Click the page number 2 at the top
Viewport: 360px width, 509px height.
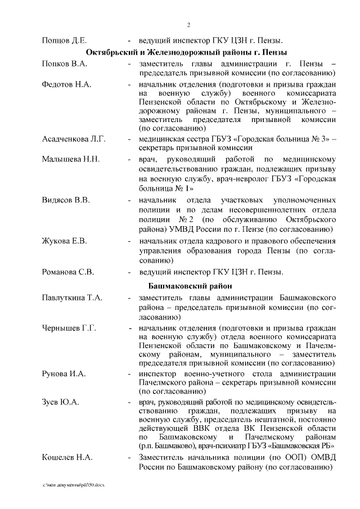click(188, 25)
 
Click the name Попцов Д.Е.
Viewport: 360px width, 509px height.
click(64, 40)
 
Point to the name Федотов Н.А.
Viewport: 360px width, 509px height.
click(66, 84)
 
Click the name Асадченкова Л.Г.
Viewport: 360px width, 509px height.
click(74, 138)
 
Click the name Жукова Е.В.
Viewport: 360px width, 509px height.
click(64, 241)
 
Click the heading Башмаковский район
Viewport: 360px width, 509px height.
click(188, 285)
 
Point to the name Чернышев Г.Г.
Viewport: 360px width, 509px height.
click(69, 327)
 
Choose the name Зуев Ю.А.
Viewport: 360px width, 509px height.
click(61, 403)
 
